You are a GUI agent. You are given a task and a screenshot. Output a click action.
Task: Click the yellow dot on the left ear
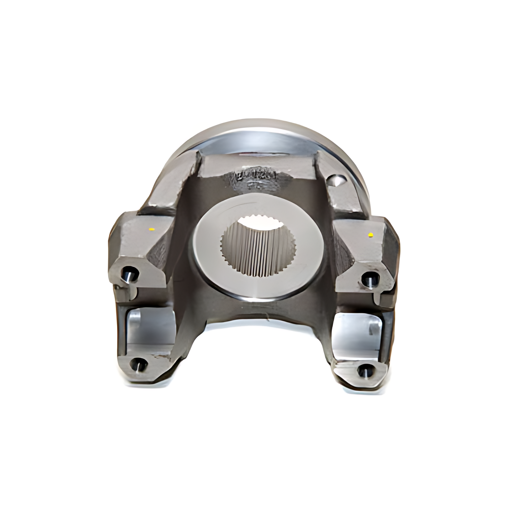(151, 229)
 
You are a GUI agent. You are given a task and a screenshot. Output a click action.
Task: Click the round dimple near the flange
(336, 180)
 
